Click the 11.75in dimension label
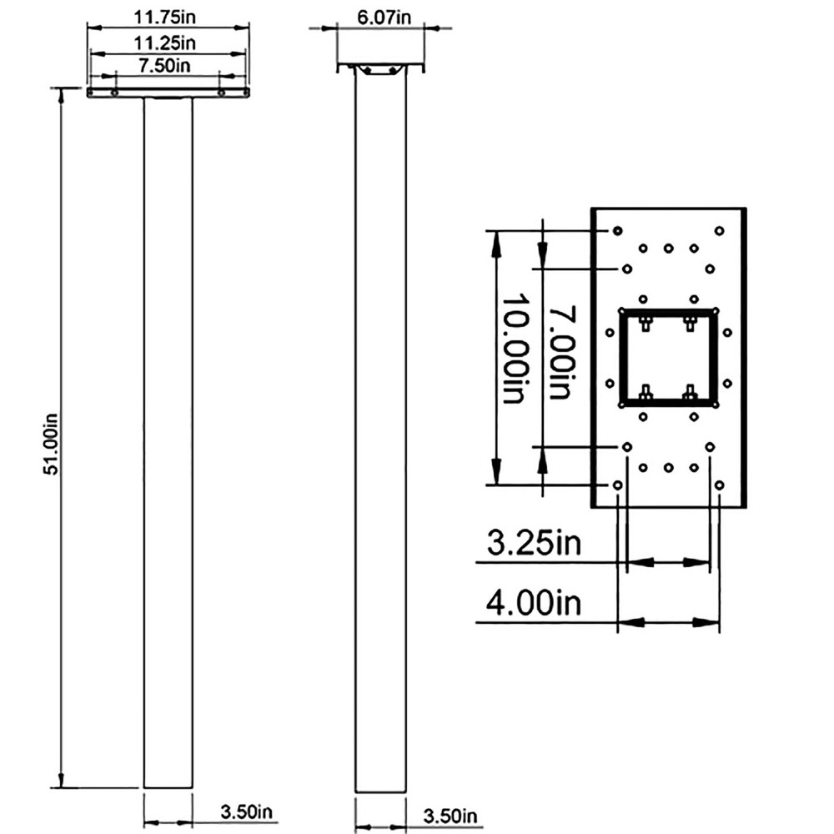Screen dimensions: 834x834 click(x=166, y=16)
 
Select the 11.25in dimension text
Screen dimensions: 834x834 click(x=166, y=42)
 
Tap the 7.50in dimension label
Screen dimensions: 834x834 click(x=166, y=66)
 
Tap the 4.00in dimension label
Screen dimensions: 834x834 click(x=534, y=602)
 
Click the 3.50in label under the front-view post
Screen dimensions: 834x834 click(x=246, y=811)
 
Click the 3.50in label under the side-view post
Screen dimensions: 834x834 click(x=450, y=814)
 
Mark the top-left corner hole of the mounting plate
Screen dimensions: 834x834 click(x=617, y=230)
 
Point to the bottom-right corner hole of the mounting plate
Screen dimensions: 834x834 click(x=719, y=485)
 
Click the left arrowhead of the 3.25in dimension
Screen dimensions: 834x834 click(x=634, y=563)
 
